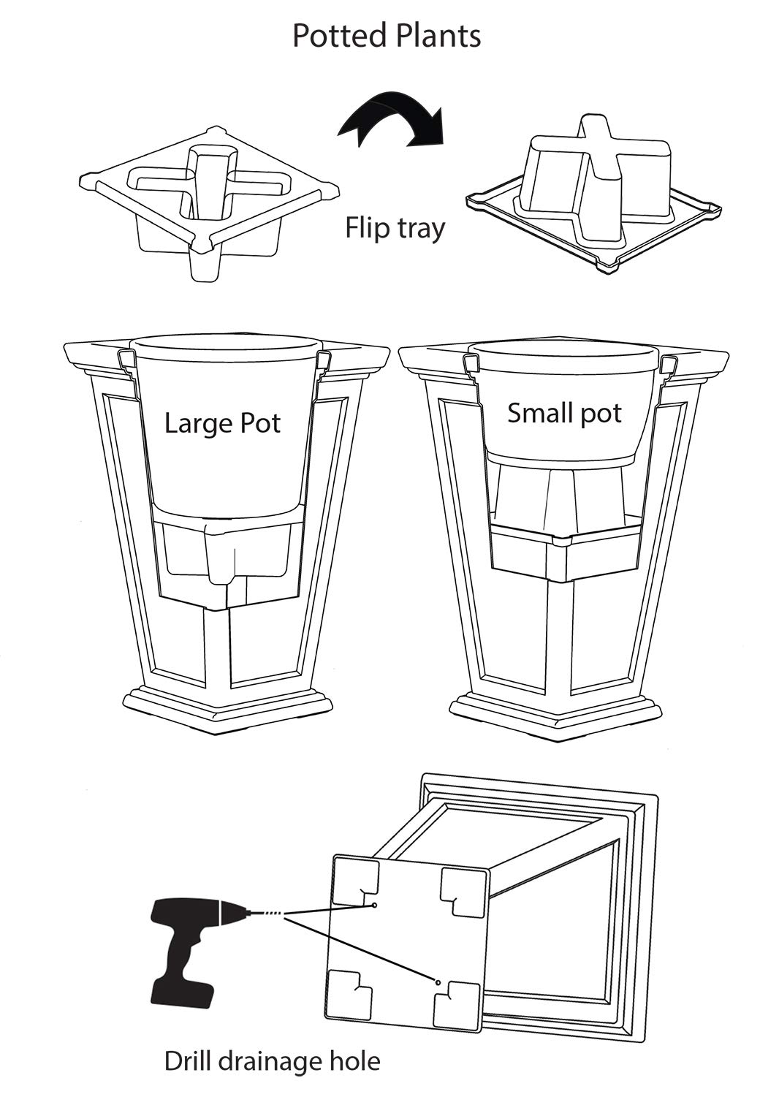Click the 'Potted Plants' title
pyautogui.click(x=387, y=36)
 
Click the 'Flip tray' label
pyautogui.click(x=395, y=228)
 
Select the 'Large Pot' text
pyautogui.click(x=222, y=423)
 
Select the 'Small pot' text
pyautogui.click(x=564, y=414)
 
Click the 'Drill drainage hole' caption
pyautogui.click(x=272, y=1060)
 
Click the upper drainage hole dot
pyautogui.click(x=374, y=905)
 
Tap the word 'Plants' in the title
pyautogui.click(x=436, y=36)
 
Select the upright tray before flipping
pyautogui.click(x=210, y=201)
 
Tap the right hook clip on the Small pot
pyautogui.click(x=667, y=363)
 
